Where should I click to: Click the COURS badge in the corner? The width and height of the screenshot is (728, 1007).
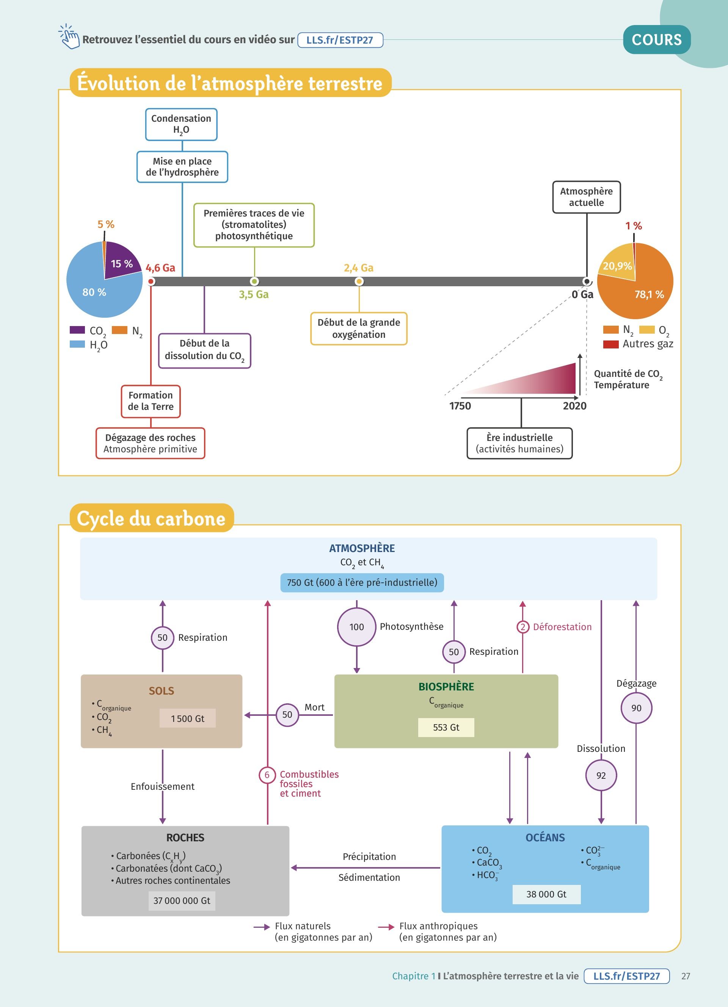pyautogui.click(x=657, y=39)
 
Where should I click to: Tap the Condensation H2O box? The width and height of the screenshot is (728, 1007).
pyautogui.click(x=181, y=124)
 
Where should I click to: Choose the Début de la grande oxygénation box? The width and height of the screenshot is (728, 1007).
pyautogui.click(x=359, y=329)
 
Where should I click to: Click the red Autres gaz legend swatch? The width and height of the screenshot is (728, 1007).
pyautogui.click(x=611, y=344)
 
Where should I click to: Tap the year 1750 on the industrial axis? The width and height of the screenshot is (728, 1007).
pyautogui.click(x=460, y=406)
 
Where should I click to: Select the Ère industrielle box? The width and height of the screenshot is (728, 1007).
pyautogui.click(x=519, y=443)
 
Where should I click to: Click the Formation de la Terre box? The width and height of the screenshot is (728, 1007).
pyautogui.click(x=151, y=401)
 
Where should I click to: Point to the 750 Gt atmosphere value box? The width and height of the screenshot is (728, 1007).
pyautogui.click(x=362, y=582)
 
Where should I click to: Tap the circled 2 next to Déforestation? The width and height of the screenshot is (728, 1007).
pyautogui.click(x=522, y=627)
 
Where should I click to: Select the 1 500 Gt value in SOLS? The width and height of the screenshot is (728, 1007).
pyautogui.click(x=187, y=718)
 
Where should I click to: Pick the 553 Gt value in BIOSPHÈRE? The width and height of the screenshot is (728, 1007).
pyautogui.click(x=446, y=727)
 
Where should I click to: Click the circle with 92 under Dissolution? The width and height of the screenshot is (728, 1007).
pyautogui.click(x=601, y=775)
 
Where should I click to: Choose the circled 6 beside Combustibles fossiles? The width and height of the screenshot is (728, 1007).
pyautogui.click(x=267, y=775)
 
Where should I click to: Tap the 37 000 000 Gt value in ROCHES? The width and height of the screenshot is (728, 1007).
pyautogui.click(x=182, y=900)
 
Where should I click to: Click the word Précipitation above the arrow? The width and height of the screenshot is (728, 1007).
pyautogui.click(x=369, y=856)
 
